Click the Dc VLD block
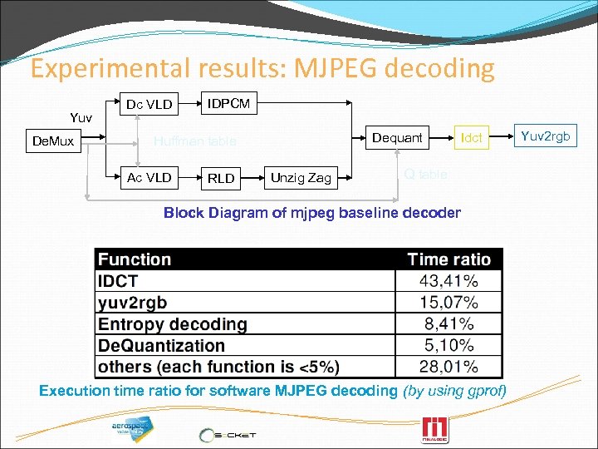point(149,105)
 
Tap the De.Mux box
point(52,141)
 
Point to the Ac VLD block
point(149,177)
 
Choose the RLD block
point(221,178)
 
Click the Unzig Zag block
point(301,177)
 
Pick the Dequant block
point(397,137)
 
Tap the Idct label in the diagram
point(472,138)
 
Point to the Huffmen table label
point(195,141)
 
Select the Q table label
point(425,174)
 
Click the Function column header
point(135,259)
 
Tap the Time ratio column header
point(448,259)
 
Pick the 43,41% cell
point(448,281)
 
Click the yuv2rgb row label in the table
point(133,303)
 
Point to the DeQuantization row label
point(162,345)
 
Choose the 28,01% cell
point(448,367)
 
